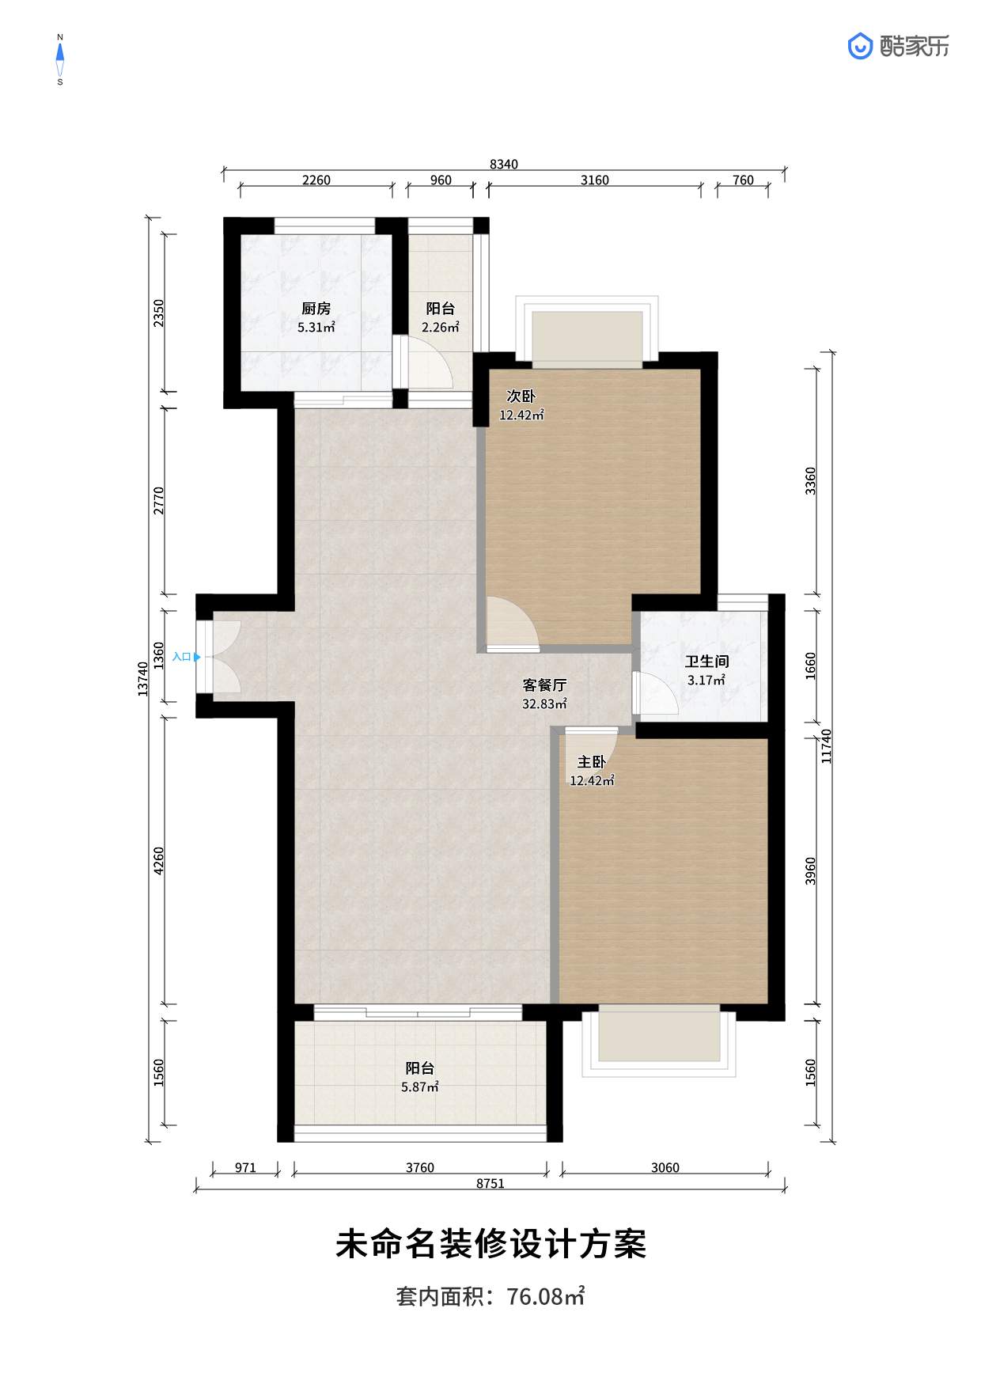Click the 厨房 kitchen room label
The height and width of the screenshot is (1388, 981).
[x=316, y=309]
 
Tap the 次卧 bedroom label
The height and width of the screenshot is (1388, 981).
[x=521, y=396]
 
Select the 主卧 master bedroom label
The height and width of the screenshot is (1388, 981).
[x=592, y=762]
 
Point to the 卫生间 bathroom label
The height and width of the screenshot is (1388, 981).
[x=706, y=662]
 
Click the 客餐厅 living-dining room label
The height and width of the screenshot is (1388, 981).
[x=544, y=685]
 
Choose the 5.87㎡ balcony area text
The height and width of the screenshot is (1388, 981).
[x=419, y=1087]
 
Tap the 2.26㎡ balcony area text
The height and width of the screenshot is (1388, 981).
[x=440, y=328]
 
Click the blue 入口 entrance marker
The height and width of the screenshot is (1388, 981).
[x=186, y=657]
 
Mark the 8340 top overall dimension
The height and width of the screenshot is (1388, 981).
[x=504, y=165]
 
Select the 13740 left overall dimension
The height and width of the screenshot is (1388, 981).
[x=143, y=679]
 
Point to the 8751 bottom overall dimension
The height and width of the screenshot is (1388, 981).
[x=490, y=1184]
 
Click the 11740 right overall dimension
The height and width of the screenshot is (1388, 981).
[x=827, y=746]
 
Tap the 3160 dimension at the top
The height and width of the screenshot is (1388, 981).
[x=595, y=180]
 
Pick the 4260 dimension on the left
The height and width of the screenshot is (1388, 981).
[x=159, y=861]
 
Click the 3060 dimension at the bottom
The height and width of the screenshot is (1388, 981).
[x=665, y=1168]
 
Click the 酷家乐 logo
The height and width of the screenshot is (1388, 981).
[x=899, y=47]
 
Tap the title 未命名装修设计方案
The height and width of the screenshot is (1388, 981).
[x=490, y=1244]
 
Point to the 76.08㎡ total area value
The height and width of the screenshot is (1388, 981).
[x=546, y=1296]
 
